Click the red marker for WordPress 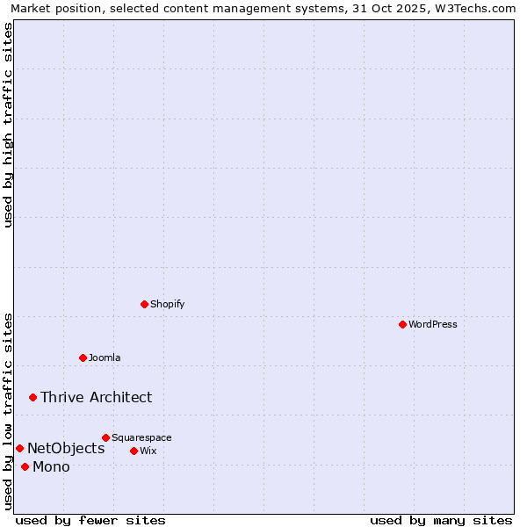coord(402,324)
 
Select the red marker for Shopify coord(144,304)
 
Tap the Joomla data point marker coord(83,357)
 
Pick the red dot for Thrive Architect coord(32,397)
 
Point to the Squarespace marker coord(105,437)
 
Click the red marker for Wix coord(134,451)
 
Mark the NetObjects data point coord(19,449)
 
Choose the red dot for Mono coord(25,466)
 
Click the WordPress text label coord(433,324)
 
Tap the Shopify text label coord(167,304)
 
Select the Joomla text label coord(105,357)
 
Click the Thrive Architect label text coord(96,397)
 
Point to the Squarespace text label coord(141,437)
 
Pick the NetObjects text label coord(66,449)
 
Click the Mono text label coord(51,466)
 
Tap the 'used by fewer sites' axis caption coord(90,520)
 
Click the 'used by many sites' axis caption coord(441,520)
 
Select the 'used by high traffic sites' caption coord(8,125)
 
